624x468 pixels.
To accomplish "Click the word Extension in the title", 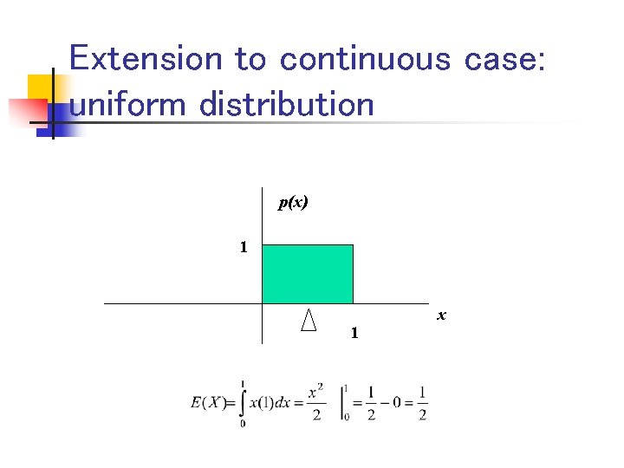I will (x=146, y=59).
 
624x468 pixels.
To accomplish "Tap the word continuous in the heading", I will (x=365, y=59).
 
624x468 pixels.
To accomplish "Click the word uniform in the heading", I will (x=128, y=105).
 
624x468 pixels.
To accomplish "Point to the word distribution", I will (x=287, y=105).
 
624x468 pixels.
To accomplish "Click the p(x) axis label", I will (x=293, y=203).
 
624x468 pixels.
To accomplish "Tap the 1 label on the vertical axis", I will (x=244, y=247).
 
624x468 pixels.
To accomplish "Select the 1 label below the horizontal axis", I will (x=354, y=333).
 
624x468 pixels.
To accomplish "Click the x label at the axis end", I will (x=441, y=315).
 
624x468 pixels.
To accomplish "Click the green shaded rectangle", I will (x=308, y=274).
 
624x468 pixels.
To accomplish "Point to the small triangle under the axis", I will (x=308, y=321).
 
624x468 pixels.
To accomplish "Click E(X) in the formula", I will (x=209, y=403).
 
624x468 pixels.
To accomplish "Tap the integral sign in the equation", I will (x=242, y=403).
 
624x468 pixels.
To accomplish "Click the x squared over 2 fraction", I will (x=316, y=403).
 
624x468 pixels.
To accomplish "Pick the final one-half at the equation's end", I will (x=422, y=403).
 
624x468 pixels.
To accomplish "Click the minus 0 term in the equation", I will (x=390, y=403).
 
